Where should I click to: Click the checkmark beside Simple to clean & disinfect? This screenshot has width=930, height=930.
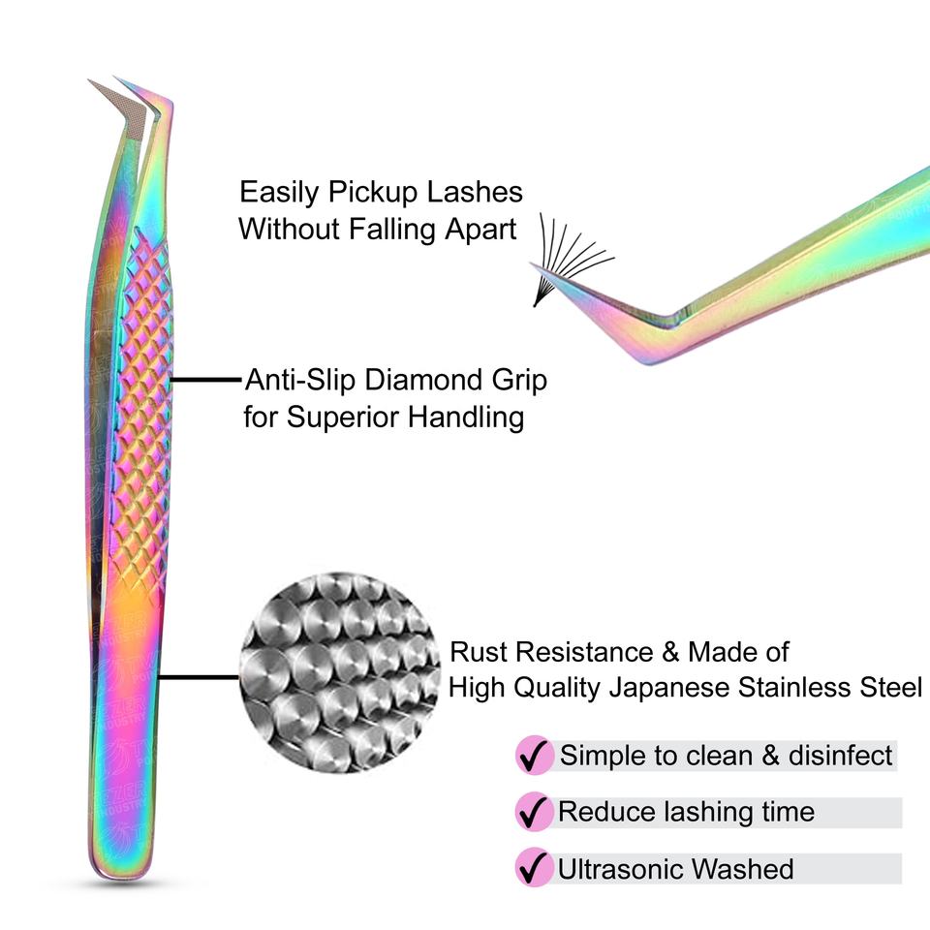pos(531,756)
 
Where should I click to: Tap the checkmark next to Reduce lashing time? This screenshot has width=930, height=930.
pos(531,812)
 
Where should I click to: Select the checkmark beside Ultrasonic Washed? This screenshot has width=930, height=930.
pos(531,867)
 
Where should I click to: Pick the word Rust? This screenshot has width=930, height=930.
pos(476,651)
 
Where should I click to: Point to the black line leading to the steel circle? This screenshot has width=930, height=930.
pos(199,677)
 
